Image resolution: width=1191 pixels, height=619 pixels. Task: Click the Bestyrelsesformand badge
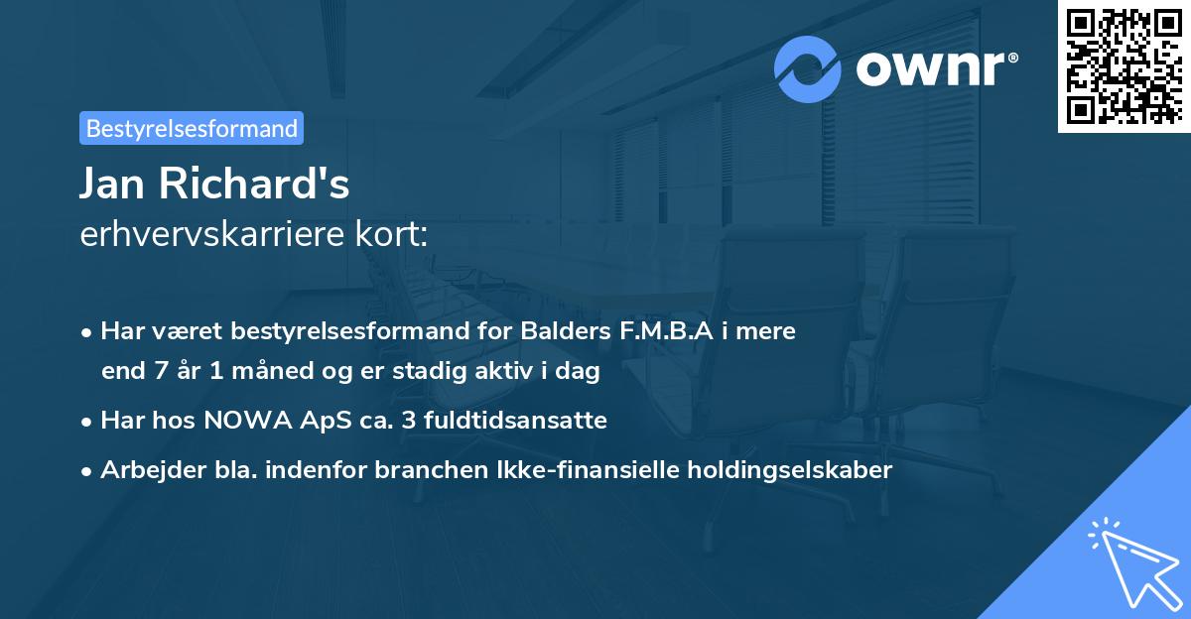coord(191,128)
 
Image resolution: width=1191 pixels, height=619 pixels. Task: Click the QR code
coord(1125,65)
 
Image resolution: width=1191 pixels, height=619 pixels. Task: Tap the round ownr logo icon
coord(808,68)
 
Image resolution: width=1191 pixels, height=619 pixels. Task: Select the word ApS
coord(311,421)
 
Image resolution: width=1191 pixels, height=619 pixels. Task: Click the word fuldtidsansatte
coord(517,421)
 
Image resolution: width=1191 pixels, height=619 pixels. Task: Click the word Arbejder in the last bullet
coord(145,470)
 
